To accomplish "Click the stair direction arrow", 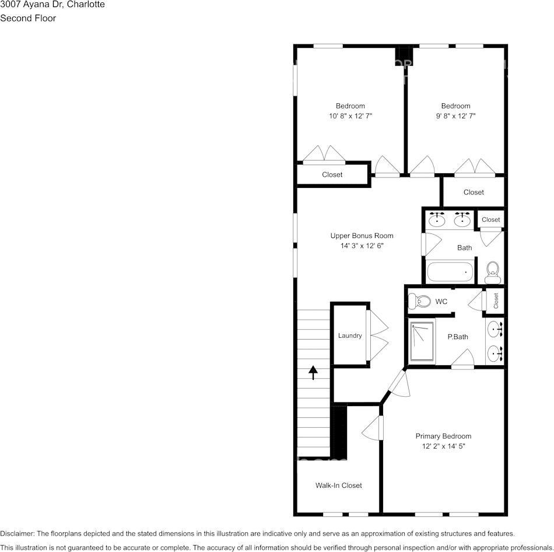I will pyautogui.click(x=313, y=372).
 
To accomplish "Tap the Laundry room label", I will pyautogui.click(x=350, y=336).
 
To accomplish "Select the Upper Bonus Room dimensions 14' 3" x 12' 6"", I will pyautogui.click(x=362, y=246).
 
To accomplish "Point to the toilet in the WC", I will pyautogui.click(x=418, y=301).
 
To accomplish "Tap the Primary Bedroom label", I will pyautogui.click(x=443, y=436).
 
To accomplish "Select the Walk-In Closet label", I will pyautogui.click(x=338, y=485).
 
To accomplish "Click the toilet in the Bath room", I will pyautogui.click(x=493, y=271).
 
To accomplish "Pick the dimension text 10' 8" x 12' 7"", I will pyautogui.click(x=350, y=116).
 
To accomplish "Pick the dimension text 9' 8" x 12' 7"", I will pyautogui.click(x=455, y=116).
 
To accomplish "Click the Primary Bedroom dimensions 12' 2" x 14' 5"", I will pyautogui.click(x=443, y=446).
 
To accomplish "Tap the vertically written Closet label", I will pyautogui.click(x=496, y=301).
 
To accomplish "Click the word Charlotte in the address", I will pyautogui.click(x=85, y=5).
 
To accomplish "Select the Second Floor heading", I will pyautogui.click(x=28, y=18).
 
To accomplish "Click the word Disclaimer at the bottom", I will pyautogui.click(x=17, y=533).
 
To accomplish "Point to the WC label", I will pyautogui.click(x=441, y=302).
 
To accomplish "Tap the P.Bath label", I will pyautogui.click(x=458, y=337).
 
